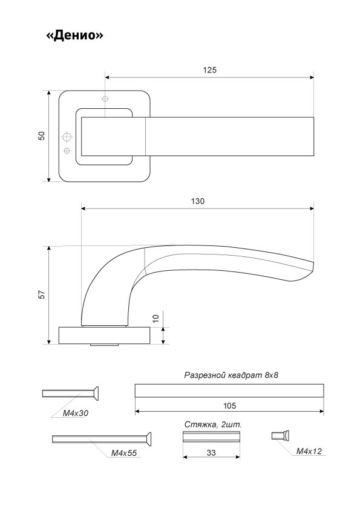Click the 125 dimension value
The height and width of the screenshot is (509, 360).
(209, 70)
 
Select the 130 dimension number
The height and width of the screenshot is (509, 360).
(197, 201)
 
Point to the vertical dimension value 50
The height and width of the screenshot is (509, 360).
(42, 136)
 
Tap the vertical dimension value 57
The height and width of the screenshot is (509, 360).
(42, 294)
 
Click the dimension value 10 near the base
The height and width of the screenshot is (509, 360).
(156, 319)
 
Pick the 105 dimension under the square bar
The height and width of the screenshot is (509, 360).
(229, 406)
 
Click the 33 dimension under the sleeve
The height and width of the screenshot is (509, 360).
(211, 453)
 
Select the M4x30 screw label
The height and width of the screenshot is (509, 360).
(76, 413)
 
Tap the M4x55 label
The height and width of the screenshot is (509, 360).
(124, 453)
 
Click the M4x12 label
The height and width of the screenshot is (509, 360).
(309, 451)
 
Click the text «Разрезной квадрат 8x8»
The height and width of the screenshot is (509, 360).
(231, 375)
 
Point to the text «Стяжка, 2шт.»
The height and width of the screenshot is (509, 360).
(213, 424)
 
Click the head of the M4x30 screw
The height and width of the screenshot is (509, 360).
(95, 394)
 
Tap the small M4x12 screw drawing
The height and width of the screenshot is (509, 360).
(281, 435)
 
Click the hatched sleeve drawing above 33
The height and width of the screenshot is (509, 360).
(212, 436)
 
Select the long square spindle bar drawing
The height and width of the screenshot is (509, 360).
(229, 391)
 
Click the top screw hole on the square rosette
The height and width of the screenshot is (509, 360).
(105, 99)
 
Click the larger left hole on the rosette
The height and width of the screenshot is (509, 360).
(67, 137)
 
